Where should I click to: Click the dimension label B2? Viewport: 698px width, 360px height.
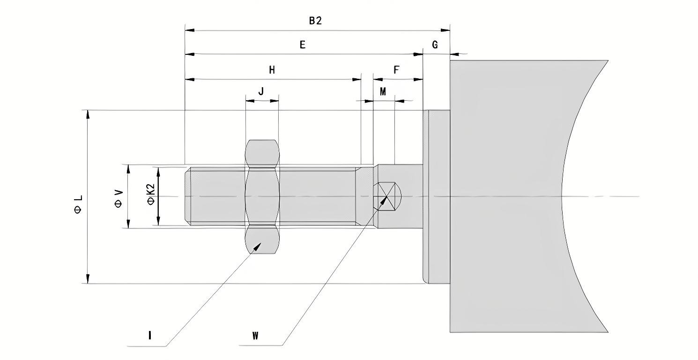click(315, 21)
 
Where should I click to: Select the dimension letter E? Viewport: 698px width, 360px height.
click(303, 45)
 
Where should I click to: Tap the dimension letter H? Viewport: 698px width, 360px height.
click(272, 70)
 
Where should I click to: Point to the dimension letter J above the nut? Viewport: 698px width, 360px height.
click(261, 91)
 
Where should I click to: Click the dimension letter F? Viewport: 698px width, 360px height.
click(396, 70)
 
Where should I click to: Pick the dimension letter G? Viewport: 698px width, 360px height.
click(435, 45)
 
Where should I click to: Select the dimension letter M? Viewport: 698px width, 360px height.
click(383, 92)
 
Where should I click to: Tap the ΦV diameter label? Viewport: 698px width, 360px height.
click(118, 198)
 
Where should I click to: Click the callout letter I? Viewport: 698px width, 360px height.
click(149, 335)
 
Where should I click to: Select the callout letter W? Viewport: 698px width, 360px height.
click(255, 336)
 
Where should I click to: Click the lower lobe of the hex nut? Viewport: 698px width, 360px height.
click(262, 240)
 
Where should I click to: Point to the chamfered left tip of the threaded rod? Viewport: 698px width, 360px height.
click(188, 196)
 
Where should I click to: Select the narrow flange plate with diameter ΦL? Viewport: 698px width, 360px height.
click(436, 197)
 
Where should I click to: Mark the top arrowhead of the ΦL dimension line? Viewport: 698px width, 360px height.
click(87, 114)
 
